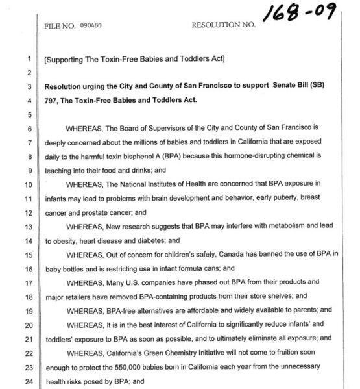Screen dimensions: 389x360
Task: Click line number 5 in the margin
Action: coord(30,114)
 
